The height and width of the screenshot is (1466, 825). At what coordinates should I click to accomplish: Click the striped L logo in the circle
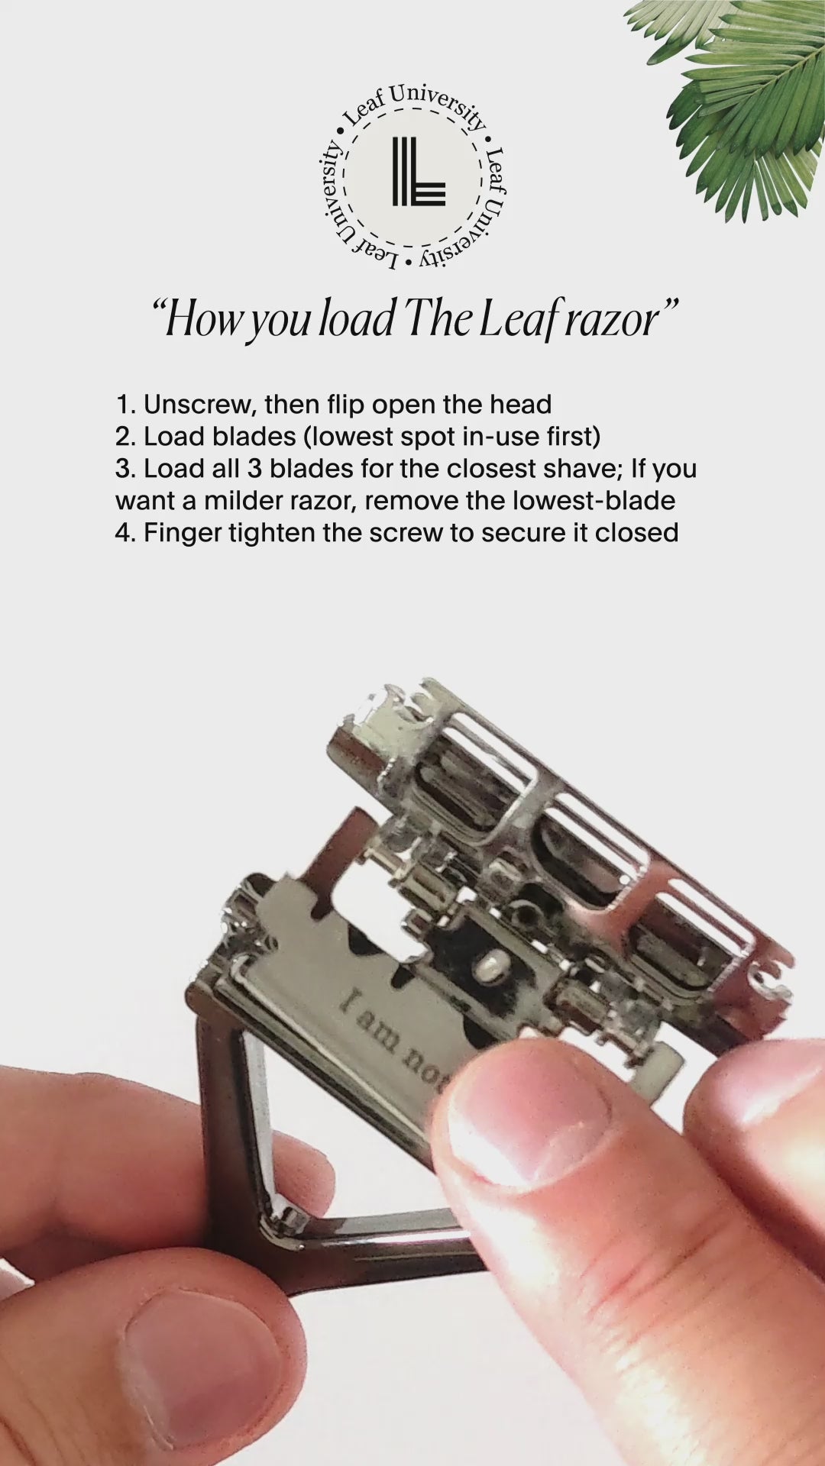(418, 172)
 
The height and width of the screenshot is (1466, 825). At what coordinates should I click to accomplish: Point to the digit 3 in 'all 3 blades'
(254, 468)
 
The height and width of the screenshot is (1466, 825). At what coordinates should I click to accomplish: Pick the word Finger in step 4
(182, 532)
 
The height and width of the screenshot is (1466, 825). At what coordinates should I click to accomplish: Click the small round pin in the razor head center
(486, 968)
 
